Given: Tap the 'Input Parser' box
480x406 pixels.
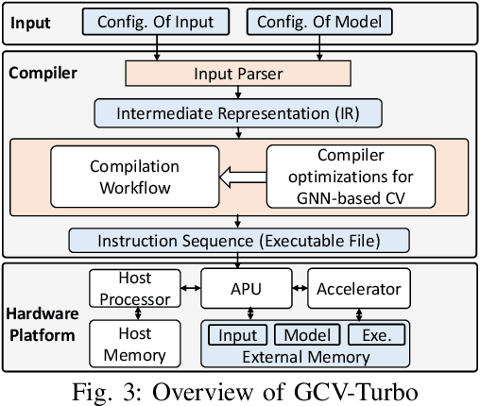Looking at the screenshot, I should point(237,74).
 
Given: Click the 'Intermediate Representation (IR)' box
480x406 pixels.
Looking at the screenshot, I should point(237,114).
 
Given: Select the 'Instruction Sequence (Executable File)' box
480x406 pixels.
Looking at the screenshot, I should point(237,240).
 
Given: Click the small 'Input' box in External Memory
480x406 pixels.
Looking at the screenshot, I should point(238,334).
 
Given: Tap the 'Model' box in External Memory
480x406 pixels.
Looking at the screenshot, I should point(307,334).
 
